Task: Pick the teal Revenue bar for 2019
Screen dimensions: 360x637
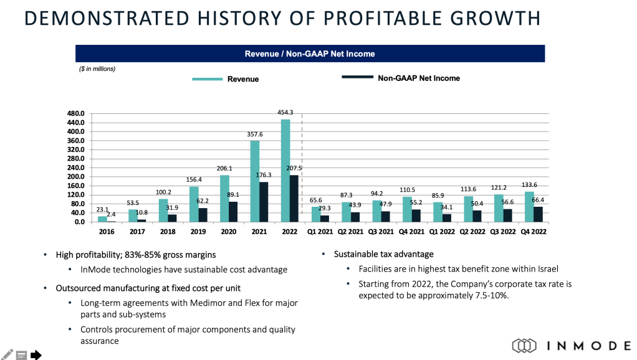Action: coord(194,204)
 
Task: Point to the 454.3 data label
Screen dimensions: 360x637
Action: coord(286,113)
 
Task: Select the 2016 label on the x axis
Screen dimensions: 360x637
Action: coord(107,231)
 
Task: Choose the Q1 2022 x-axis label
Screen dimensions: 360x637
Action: coord(443,231)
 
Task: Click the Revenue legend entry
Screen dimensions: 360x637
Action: coord(242,79)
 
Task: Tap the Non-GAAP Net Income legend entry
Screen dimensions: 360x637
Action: coord(418,78)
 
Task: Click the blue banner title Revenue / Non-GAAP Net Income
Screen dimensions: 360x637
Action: coord(310,54)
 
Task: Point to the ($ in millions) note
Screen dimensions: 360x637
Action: coord(97,69)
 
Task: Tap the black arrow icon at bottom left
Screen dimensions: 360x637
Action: coord(36,355)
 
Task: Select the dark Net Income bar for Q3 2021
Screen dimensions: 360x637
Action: coord(386,216)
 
